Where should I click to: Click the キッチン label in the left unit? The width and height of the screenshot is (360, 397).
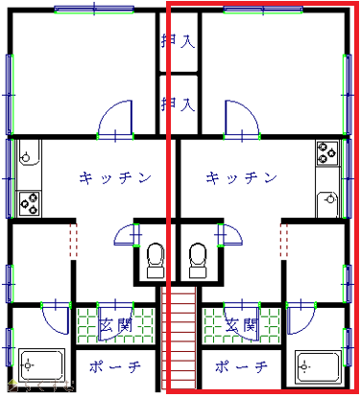coord(115,177)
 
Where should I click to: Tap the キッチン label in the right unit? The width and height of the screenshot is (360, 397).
coord(241,177)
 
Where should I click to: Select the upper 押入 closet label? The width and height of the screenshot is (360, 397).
coord(178,41)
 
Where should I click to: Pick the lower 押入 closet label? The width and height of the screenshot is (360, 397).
coord(178,104)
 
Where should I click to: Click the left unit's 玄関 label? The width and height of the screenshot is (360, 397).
coord(115,325)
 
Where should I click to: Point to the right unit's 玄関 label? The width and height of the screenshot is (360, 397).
coord(242,325)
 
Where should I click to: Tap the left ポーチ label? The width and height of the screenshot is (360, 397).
coord(115,366)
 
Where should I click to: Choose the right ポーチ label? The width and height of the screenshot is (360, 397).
coord(241,366)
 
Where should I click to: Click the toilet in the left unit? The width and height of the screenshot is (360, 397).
coord(156,260)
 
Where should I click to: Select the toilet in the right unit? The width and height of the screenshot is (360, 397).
coord(198,260)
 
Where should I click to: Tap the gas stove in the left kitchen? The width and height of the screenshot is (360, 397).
coord(29,203)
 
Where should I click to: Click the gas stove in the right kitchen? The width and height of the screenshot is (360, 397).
coord(327,153)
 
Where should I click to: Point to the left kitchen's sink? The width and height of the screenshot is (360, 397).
coord(29,153)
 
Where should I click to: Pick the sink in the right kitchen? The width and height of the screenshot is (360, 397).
coord(327,204)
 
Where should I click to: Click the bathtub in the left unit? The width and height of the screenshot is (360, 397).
coord(41,365)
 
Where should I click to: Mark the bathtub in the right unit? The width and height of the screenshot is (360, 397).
coord(318,366)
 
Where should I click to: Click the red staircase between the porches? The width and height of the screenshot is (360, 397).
coord(179,338)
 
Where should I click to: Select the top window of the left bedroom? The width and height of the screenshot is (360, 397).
coord(94,10)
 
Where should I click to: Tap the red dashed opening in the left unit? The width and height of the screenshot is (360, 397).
coord(73,241)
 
